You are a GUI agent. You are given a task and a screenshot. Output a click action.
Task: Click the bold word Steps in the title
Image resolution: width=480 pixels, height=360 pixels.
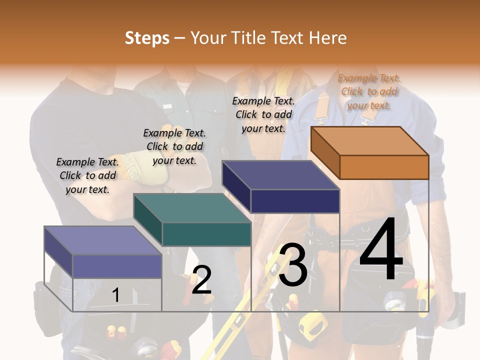(147, 37)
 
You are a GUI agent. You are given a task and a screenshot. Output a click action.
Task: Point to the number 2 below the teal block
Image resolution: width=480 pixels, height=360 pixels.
(201, 280)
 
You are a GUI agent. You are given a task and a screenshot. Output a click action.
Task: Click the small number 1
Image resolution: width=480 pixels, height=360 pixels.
(115, 295)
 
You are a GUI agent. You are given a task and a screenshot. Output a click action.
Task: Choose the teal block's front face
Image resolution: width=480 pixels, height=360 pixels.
(206, 234)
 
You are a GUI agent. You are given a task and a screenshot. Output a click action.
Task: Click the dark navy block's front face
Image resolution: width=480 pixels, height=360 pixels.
(295, 201)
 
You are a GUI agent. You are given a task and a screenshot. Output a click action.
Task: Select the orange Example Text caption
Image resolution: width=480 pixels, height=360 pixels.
(369, 91)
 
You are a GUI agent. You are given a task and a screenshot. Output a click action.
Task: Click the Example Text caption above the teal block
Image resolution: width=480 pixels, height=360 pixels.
(174, 146)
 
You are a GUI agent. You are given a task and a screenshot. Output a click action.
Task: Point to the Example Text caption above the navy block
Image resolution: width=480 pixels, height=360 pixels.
(263, 114)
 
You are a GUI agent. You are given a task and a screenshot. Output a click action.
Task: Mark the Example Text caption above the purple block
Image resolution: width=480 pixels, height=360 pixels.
(87, 175)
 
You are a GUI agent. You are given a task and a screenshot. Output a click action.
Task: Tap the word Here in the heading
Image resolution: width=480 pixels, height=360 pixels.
(328, 37)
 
